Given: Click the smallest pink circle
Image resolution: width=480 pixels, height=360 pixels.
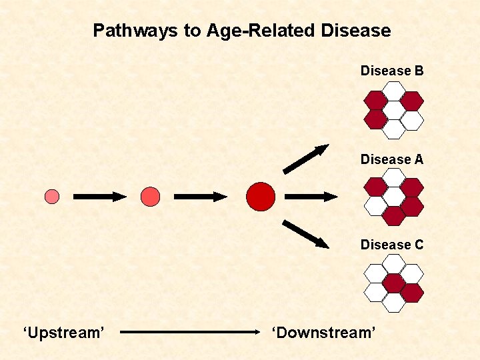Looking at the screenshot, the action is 52,196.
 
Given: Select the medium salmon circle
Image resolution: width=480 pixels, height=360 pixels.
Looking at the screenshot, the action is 151,196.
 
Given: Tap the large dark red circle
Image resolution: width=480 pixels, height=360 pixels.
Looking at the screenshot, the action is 260,196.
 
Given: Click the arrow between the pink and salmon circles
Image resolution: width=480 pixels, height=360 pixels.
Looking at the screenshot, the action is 99,197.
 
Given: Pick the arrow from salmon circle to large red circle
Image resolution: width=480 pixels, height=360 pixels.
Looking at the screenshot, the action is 201,197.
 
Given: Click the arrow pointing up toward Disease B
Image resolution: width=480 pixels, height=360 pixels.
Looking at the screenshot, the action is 306,159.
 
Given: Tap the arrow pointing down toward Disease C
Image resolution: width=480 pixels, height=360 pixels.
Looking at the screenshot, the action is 306,234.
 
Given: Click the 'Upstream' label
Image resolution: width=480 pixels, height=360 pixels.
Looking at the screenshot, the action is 63,331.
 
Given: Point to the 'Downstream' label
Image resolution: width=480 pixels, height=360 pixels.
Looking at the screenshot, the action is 323,331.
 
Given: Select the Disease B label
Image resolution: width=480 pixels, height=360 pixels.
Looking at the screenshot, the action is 392,71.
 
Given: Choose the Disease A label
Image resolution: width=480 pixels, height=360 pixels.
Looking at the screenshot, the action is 392,159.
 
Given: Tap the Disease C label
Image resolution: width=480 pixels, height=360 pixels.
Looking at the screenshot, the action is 392,245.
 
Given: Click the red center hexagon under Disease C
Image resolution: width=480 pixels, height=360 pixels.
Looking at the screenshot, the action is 394,283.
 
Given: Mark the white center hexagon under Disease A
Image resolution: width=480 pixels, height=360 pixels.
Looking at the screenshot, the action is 394,196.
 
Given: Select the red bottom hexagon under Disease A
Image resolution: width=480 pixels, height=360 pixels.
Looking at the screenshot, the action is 394,215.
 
